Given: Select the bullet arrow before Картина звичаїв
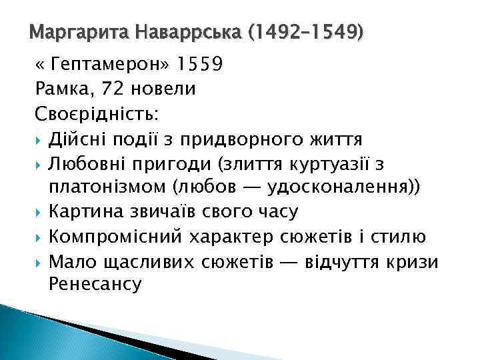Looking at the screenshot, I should pos(39,213).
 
